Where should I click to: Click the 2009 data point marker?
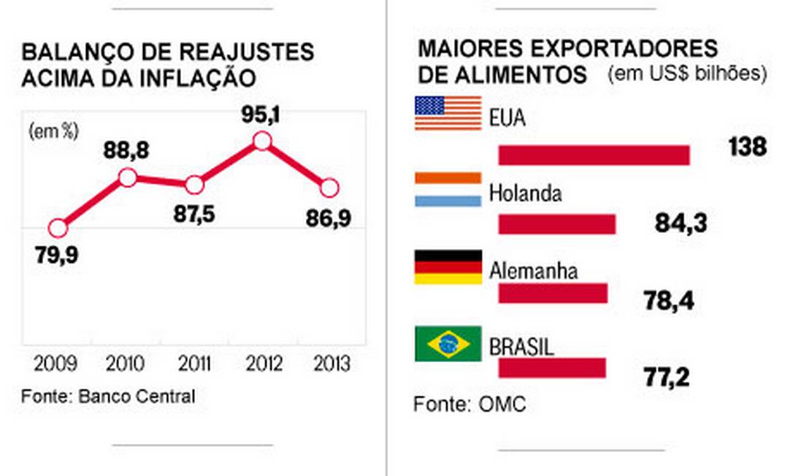click(58, 229)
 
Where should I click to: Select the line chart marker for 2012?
click(261, 141)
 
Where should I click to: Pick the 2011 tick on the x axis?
click(194, 363)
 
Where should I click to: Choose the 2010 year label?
click(126, 363)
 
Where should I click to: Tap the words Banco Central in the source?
click(137, 396)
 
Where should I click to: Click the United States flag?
click(448, 113)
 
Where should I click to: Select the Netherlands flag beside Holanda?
click(448, 189)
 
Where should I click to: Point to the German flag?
click(448, 266)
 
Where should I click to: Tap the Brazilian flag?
click(448, 344)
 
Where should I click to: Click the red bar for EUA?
click(594, 155)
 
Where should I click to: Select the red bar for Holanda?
click(556, 224)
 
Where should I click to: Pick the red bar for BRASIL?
click(552, 368)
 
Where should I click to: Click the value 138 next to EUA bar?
click(747, 147)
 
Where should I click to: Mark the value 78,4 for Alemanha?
click(668, 301)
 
